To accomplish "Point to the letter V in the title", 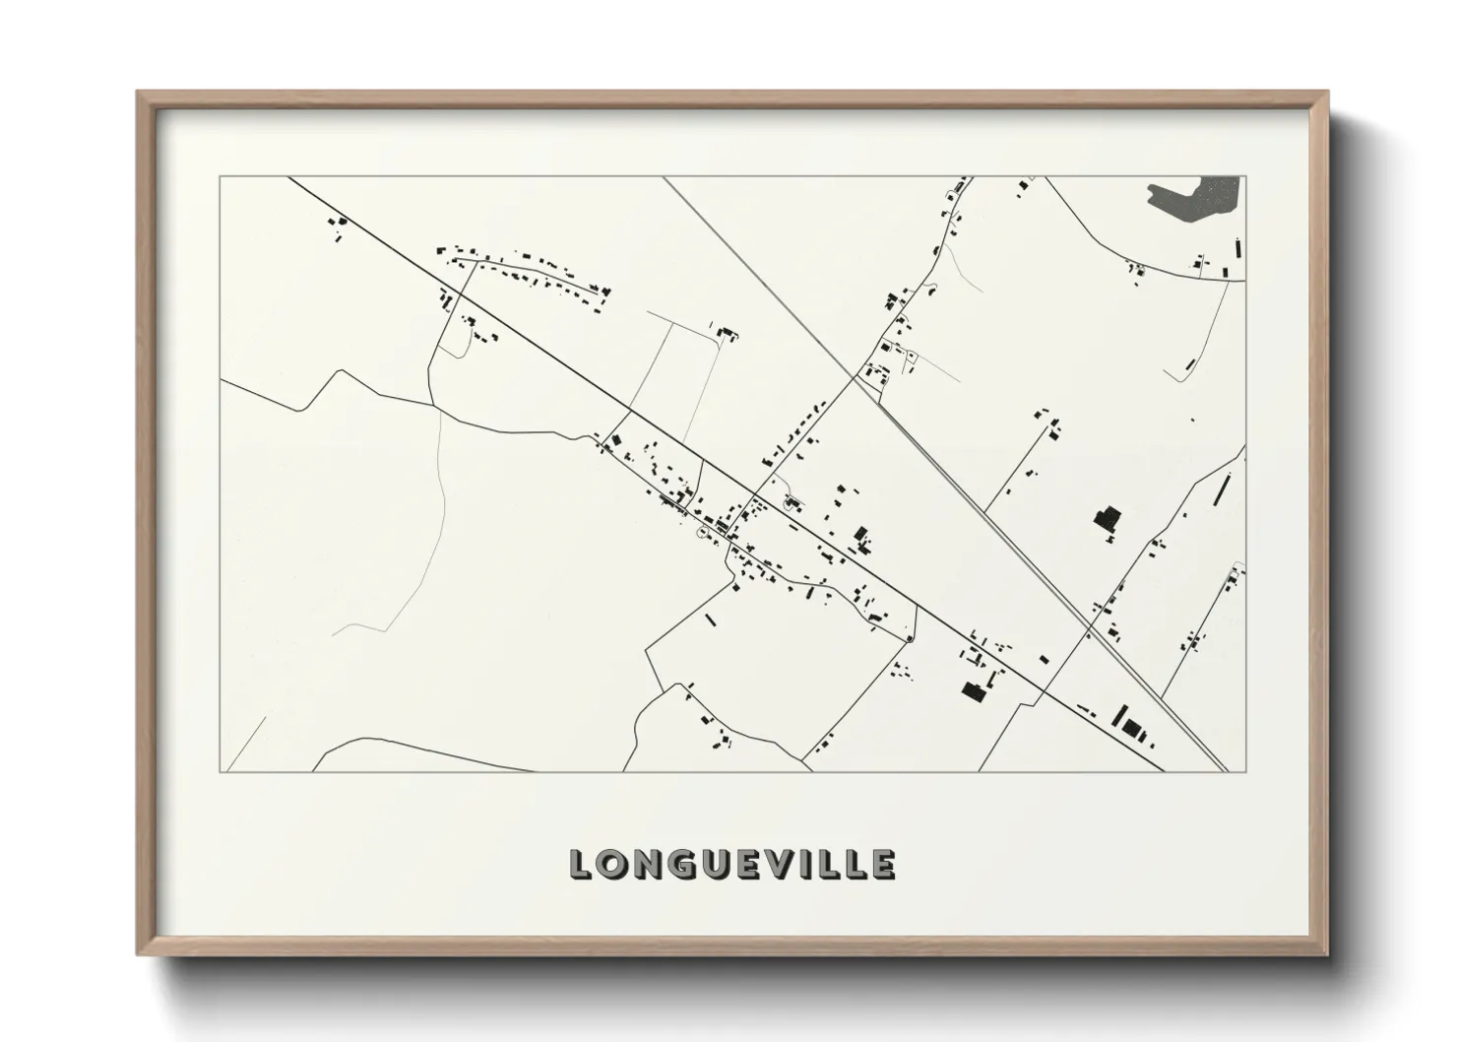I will pos(767,864).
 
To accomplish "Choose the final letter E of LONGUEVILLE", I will pos(882,864).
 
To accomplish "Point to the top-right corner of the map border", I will pos(1246,176).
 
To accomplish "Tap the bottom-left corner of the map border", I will pos(220,772).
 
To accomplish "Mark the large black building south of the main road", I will pos(975,691).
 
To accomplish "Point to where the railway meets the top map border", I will pos(664,177).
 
